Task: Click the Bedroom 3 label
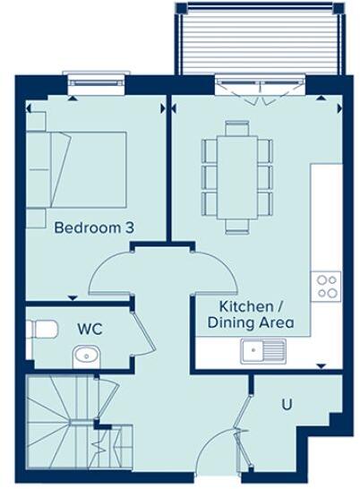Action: coord(94,228)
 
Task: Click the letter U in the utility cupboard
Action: coord(287,404)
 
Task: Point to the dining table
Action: coord(237,174)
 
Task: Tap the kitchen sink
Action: coord(262,351)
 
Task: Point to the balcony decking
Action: coord(260,40)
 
